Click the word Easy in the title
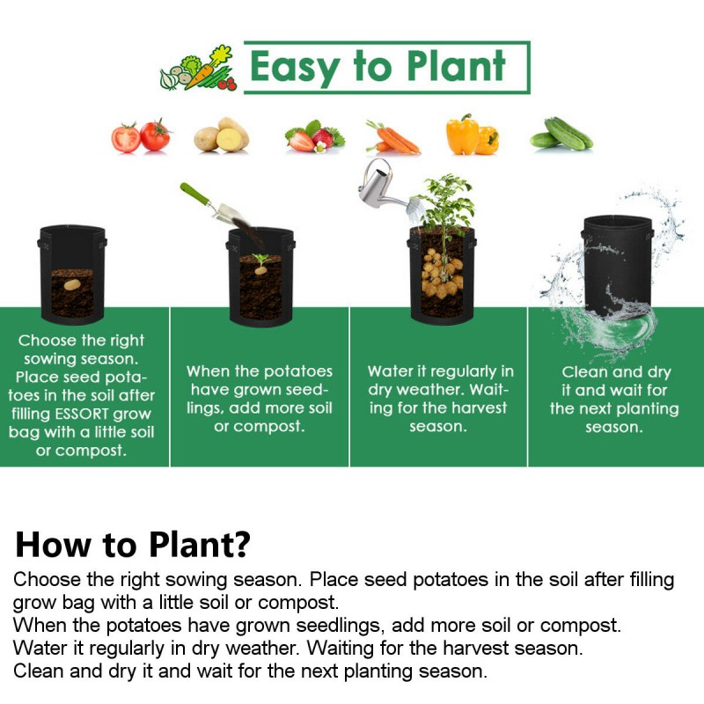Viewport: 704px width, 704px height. tap(294, 68)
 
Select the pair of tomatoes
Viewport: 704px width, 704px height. tap(141, 136)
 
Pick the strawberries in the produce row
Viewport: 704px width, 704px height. tap(315, 136)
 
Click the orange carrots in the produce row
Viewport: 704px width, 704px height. tap(392, 137)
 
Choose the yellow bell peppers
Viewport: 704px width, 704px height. tap(473, 135)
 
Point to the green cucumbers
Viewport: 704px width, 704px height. tap(561, 134)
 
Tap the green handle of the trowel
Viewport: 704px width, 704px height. tap(194, 194)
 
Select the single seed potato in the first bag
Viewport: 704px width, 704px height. tap(72, 284)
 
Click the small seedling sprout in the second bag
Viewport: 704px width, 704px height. tap(260, 260)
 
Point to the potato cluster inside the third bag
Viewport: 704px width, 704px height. tap(442, 273)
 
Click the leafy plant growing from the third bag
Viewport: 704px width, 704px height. tap(447, 202)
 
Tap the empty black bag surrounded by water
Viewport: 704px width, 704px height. tap(618, 265)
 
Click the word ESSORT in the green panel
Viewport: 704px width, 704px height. tap(88, 414)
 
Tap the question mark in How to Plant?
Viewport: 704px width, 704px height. tap(242, 544)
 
